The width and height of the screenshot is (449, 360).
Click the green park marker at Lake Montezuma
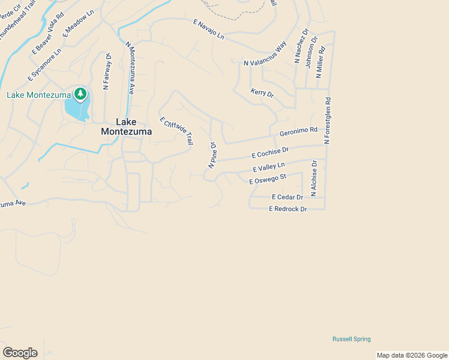tap(80, 94)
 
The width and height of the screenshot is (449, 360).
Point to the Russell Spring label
tap(352, 339)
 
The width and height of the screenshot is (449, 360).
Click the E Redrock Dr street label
tap(288, 209)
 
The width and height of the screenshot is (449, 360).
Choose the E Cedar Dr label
tap(287, 197)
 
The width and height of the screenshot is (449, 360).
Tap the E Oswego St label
tap(268, 179)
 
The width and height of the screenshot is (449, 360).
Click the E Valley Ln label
tap(269, 167)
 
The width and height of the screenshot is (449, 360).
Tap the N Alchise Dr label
tap(313, 178)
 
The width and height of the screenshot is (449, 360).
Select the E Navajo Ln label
tap(208, 29)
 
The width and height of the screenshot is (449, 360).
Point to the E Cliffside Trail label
tap(176, 130)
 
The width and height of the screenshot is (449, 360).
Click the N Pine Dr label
tap(212, 155)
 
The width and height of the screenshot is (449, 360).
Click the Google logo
tap(20, 353)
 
